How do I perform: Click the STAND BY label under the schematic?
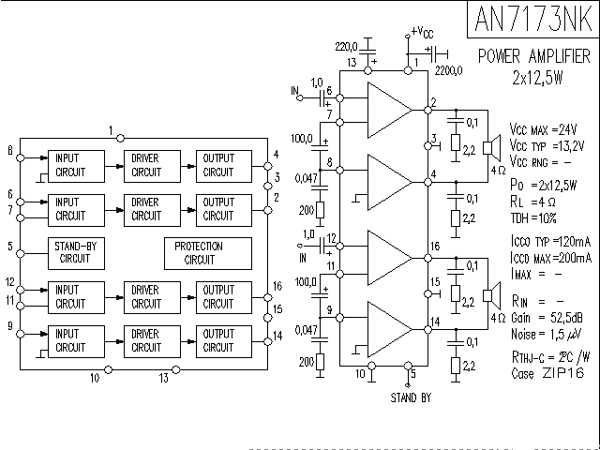click(411, 397)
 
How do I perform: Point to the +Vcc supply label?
click(423, 33)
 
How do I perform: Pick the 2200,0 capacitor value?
click(449, 69)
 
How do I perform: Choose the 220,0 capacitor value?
click(348, 45)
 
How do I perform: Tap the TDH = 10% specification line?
click(535, 217)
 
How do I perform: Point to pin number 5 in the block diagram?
click(9, 247)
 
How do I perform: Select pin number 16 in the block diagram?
click(277, 286)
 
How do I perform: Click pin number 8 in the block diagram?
click(9, 151)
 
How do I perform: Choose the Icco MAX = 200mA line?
click(553, 258)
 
